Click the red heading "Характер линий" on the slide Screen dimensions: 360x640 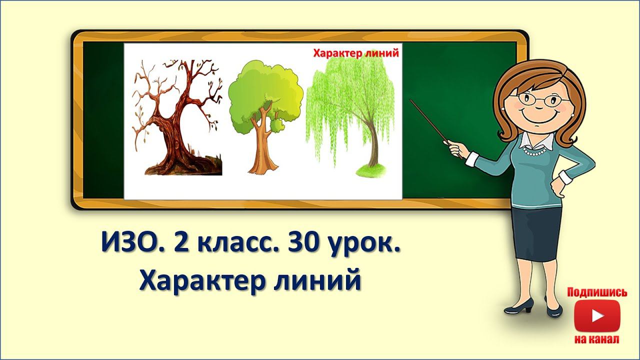click(x=355, y=53)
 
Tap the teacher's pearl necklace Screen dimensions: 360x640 click(x=537, y=150)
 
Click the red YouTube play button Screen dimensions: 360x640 click(x=596, y=315)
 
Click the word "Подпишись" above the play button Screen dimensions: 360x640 click(x=596, y=292)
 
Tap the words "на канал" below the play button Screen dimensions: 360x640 click(x=596, y=339)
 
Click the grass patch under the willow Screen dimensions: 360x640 click(x=372, y=170)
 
